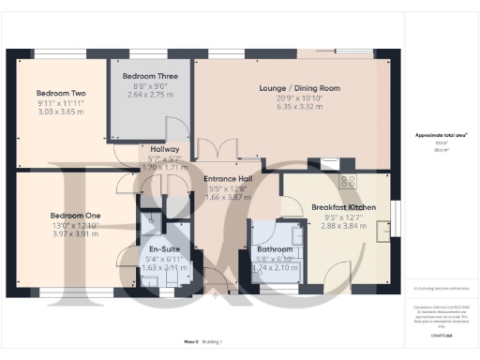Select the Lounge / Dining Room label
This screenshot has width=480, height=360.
pyautogui.click(x=299, y=88)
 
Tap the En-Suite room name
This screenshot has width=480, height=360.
pyautogui.click(x=164, y=248)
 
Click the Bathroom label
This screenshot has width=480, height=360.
pyautogui.click(x=274, y=248)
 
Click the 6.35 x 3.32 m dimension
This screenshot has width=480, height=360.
pyautogui.click(x=299, y=109)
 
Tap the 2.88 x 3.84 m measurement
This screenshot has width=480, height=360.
pyautogui.click(x=342, y=226)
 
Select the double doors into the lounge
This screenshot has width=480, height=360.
pyautogui.click(x=221, y=150)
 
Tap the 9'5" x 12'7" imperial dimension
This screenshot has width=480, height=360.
pyautogui.click(x=342, y=217)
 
